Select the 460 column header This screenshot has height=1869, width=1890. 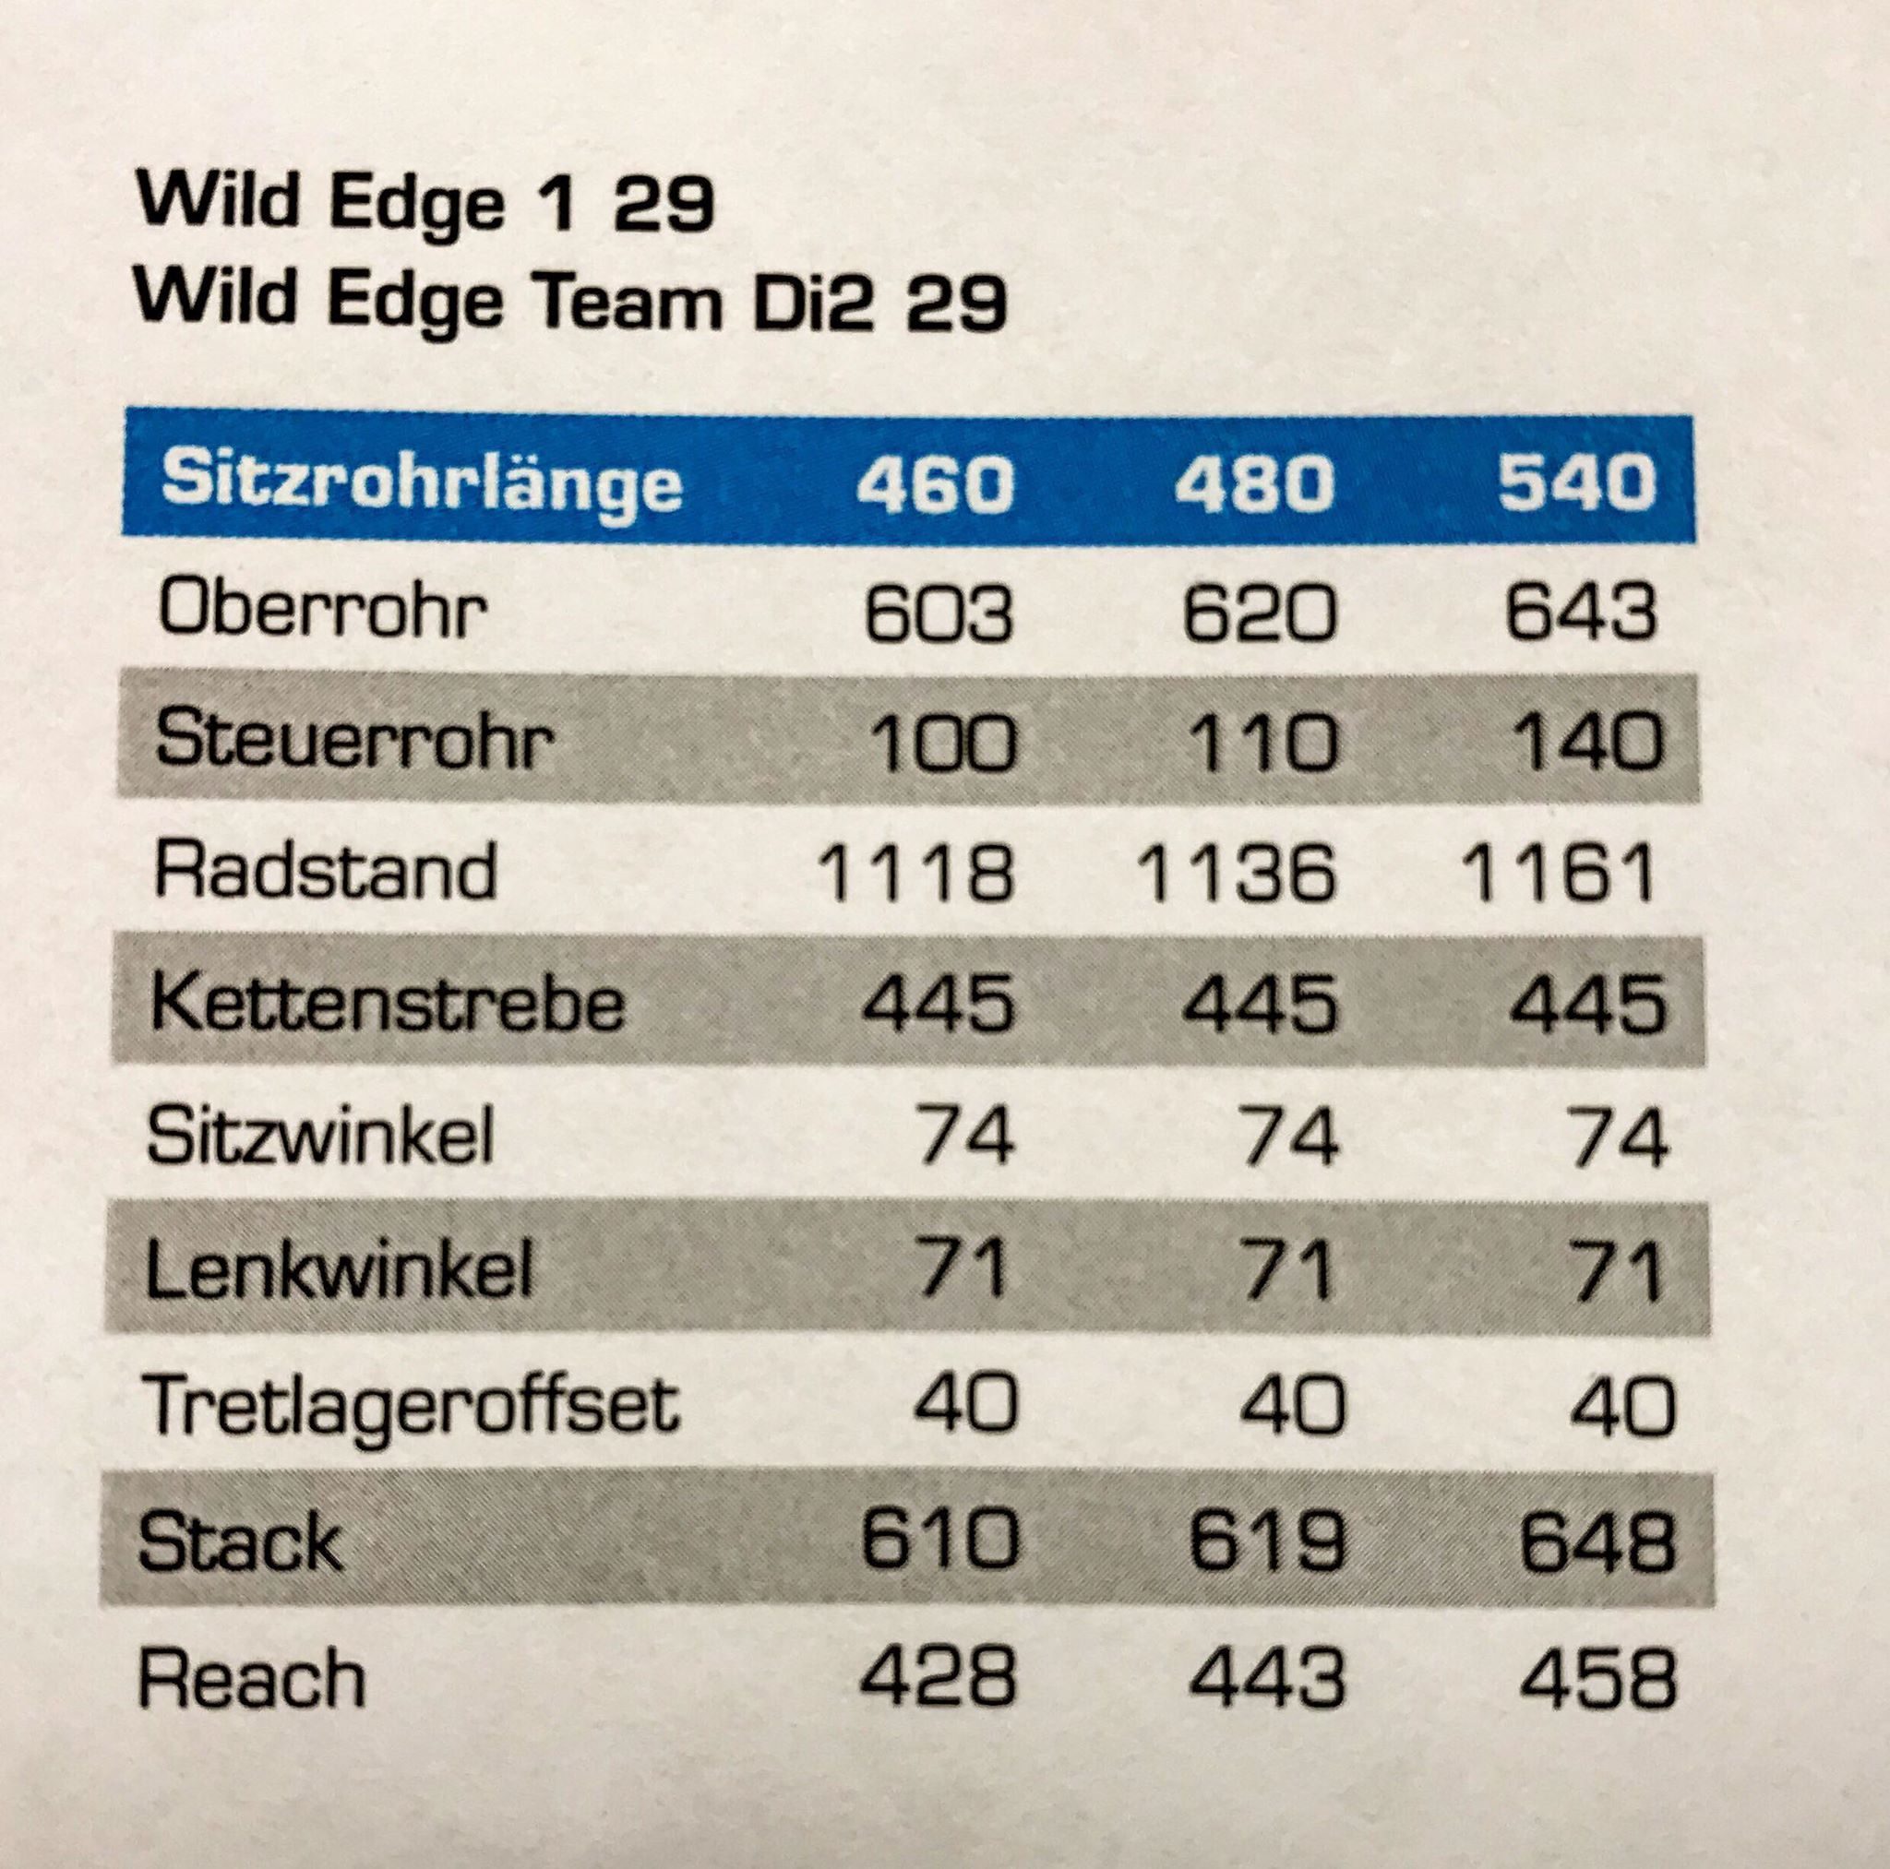pyautogui.click(x=934, y=483)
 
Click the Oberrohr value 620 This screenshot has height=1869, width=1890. pyautogui.click(x=1258, y=613)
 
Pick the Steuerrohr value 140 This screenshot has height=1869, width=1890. pyautogui.click(x=1586, y=742)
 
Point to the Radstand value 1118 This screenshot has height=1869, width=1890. pyautogui.click(x=915, y=873)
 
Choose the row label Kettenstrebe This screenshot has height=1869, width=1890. pyautogui.click(x=388, y=1004)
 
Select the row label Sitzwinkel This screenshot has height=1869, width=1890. pyautogui.click(x=320, y=1137)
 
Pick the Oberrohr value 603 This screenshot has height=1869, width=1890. pyautogui.click(x=939, y=613)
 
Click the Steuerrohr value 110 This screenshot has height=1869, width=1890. pyautogui.click(x=1262, y=742)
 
